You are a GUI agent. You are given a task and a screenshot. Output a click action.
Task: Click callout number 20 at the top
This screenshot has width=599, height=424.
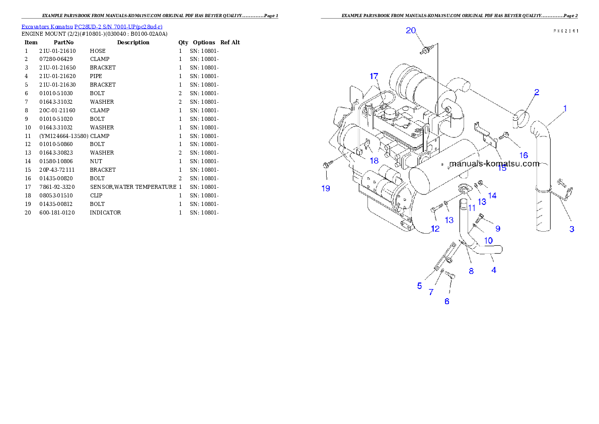coord(411,31)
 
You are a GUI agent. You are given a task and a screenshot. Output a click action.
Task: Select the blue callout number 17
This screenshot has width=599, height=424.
coord(374,76)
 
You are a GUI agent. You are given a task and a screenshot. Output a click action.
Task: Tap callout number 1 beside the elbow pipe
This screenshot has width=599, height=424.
coord(565,108)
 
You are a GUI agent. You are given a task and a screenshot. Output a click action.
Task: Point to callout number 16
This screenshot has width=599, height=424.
coord(523,155)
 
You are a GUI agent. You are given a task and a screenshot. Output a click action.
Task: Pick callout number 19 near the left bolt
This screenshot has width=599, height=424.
coord(326,188)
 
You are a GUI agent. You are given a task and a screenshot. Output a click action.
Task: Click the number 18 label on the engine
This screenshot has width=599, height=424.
coord(373,161)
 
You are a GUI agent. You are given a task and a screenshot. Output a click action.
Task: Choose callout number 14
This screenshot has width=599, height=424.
coord(492,195)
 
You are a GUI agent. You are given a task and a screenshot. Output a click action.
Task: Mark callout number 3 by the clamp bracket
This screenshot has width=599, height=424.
coord(572,229)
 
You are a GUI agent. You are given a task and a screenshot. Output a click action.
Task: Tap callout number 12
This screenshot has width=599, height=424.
coord(435,229)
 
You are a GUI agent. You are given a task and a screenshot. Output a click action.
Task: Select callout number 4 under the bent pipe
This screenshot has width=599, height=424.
coord(494,270)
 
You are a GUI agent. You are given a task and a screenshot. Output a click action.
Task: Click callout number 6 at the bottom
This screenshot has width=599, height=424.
coord(446,301)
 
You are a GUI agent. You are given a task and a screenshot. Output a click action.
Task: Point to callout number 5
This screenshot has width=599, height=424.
coord(419,286)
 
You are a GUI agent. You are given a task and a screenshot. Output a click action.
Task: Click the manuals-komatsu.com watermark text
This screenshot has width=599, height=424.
coord(494,164)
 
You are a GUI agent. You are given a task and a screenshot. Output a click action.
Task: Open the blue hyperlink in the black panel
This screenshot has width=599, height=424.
coord(91,26)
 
